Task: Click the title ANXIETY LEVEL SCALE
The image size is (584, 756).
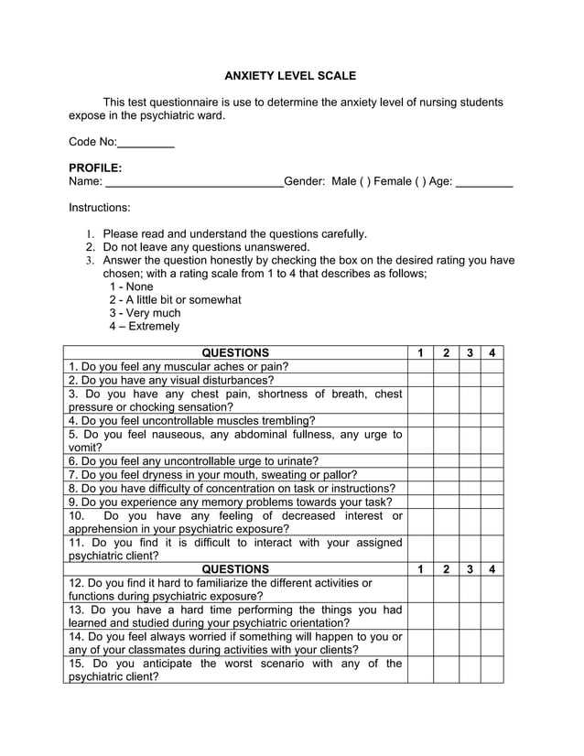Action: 290,76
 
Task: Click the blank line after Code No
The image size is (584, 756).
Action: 146,144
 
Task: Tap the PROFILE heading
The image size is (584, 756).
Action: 95,168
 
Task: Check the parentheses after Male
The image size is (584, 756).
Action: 366,182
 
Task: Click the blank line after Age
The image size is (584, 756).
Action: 483,183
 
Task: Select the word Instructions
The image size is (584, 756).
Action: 99,208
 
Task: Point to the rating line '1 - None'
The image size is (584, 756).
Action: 131,286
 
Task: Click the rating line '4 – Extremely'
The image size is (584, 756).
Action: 144,326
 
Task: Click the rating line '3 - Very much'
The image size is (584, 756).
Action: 145,313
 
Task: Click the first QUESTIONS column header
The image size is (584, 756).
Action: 235,353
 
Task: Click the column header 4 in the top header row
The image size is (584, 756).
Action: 492,353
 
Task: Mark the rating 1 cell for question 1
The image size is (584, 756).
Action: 420,366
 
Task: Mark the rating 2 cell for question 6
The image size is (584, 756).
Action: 446,461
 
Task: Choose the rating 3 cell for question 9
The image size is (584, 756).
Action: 470,502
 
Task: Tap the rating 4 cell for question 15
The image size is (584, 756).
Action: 492,670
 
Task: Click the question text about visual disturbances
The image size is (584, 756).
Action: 171,380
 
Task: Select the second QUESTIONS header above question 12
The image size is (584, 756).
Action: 235,569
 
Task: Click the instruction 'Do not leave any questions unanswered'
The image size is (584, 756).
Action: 206,247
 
